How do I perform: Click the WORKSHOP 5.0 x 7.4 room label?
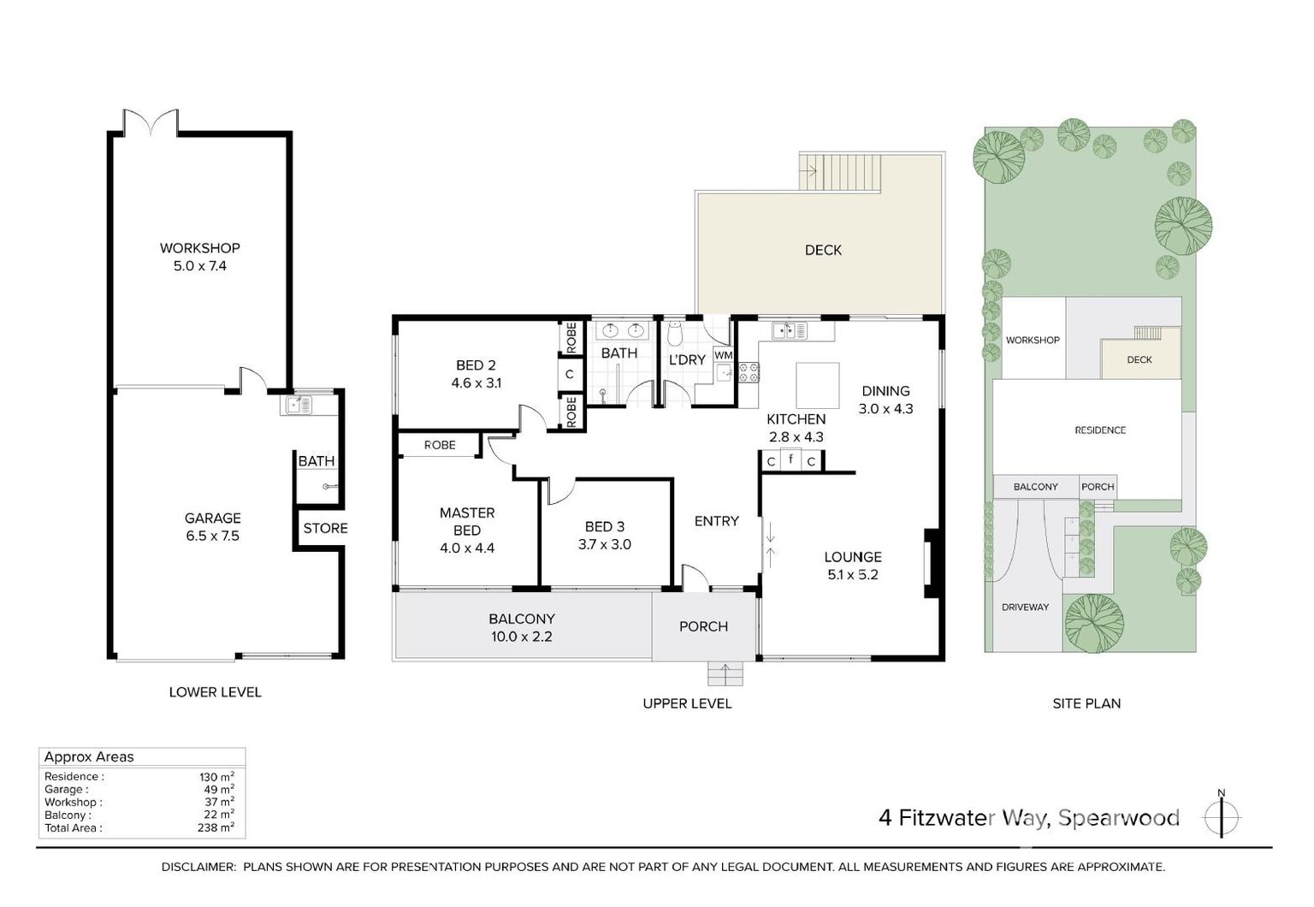click(200, 257)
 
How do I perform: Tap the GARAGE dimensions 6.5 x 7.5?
click(212, 536)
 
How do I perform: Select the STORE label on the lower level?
click(326, 529)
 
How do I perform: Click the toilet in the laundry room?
click(675, 334)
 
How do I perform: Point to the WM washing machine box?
click(723, 355)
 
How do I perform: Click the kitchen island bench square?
click(817, 385)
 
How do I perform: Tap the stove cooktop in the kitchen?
click(749, 373)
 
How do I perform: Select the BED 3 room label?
click(605, 527)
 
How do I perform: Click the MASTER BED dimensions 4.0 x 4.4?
click(467, 548)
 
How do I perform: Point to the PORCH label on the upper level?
click(703, 626)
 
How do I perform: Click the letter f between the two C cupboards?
click(791, 459)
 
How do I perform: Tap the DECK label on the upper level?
click(823, 251)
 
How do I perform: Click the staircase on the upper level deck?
click(840, 172)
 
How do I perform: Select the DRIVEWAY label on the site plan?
click(1025, 608)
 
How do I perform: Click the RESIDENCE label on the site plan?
click(1100, 430)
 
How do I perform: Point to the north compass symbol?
click(1222, 816)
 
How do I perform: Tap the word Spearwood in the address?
click(1119, 818)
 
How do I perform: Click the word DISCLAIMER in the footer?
click(198, 867)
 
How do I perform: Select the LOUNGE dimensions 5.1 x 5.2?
click(853, 575)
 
